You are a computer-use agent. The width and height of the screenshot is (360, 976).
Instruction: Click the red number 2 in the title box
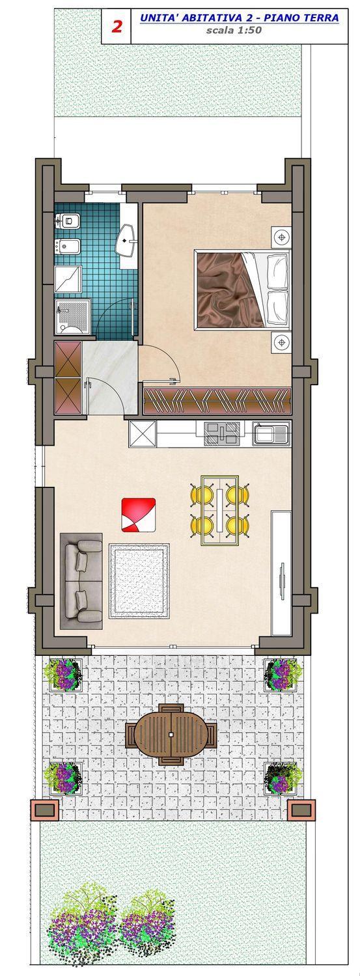(x=117, y=27)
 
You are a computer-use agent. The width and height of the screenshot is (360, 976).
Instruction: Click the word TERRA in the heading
(x=322, y=18)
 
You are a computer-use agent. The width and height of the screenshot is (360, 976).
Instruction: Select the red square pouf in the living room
(x=139, y=515)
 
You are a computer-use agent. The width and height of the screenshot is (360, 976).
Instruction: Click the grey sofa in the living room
(x=81, y=581)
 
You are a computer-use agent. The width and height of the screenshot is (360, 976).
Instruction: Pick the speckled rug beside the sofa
(x=139, y=581)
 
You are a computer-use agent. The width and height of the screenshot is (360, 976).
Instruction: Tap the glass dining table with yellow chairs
(x=219, y=509)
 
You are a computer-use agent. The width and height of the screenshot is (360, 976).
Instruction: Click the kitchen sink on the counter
(x=271, y=434)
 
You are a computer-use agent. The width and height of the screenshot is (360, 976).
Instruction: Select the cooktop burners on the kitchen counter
(x=222, y=434)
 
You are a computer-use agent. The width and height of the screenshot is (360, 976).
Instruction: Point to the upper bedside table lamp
(x=281, y=237)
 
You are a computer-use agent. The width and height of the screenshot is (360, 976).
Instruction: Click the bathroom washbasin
(x=126, y=239)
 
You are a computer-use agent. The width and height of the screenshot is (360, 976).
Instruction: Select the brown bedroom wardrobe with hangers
(x=217, y=401)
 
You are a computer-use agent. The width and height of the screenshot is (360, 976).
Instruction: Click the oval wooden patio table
(x=171, y=735)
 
